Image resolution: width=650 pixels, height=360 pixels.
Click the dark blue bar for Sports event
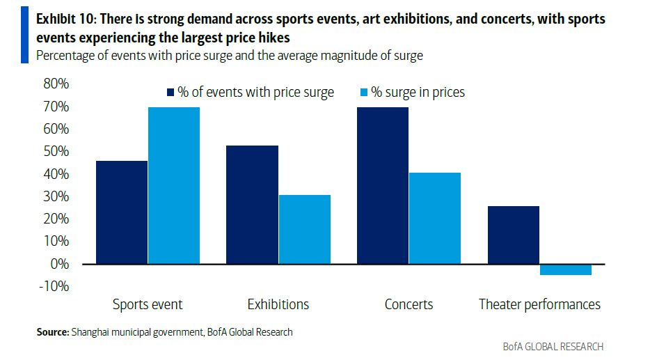(122, 212)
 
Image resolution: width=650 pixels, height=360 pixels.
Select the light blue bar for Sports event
(174, 185)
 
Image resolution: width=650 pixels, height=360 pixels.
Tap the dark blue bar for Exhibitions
(252, 205)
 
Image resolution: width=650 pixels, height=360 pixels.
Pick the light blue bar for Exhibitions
(304, 229)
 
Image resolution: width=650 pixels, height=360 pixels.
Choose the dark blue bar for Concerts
(383, 185)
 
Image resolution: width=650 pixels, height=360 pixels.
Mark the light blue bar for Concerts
(435, 218)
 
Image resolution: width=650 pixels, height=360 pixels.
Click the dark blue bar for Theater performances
(513, 235)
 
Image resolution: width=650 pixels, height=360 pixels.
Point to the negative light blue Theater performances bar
(565, 269)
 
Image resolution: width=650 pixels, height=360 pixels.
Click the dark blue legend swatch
(169, 92)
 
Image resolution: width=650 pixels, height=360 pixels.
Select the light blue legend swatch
(363, 92)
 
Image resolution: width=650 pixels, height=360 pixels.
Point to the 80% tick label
(56, 84)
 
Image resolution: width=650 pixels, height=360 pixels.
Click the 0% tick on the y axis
(59, 264)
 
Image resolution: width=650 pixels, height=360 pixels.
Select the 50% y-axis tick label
(56, 152)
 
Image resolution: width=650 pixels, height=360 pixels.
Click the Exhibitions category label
(278, 304)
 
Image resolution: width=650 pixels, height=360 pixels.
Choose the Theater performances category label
(539, 304)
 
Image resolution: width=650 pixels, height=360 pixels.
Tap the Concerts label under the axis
(409, 304)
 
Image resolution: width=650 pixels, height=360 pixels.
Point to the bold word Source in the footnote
(52, 332)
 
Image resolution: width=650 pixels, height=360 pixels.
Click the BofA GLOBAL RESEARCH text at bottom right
(553, 346)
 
